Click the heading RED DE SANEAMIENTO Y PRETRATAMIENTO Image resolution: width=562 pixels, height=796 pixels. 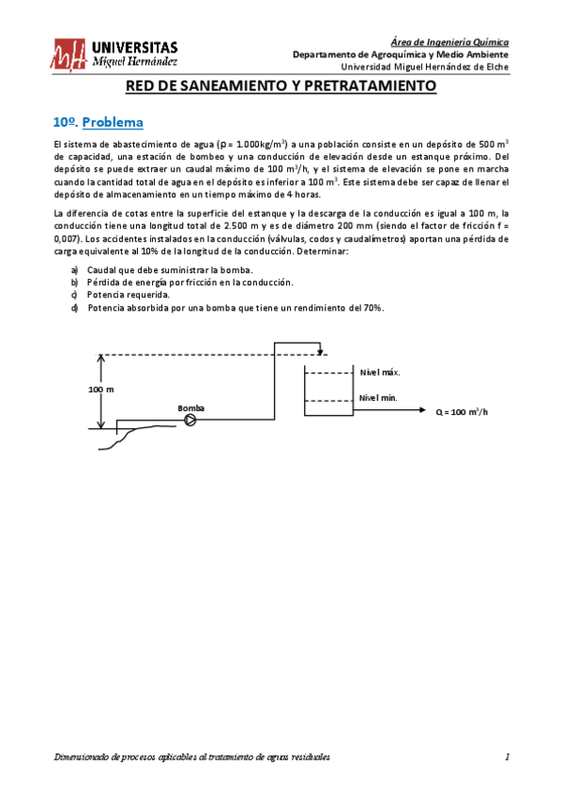pos(281,86)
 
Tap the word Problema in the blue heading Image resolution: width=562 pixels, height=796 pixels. pos(112,122)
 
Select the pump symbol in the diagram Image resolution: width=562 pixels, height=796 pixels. pos(190,421)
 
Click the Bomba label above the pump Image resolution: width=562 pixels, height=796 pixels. pos(190,408)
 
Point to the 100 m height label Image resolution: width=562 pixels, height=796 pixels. pos(100,389)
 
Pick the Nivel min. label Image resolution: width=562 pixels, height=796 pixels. pos(378,397)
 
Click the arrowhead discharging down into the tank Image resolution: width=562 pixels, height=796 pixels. pos(322,352)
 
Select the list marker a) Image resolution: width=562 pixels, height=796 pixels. pos(74,269)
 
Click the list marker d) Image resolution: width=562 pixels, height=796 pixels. pos(74,308)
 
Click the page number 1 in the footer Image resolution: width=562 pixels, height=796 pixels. pos(507,758)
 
